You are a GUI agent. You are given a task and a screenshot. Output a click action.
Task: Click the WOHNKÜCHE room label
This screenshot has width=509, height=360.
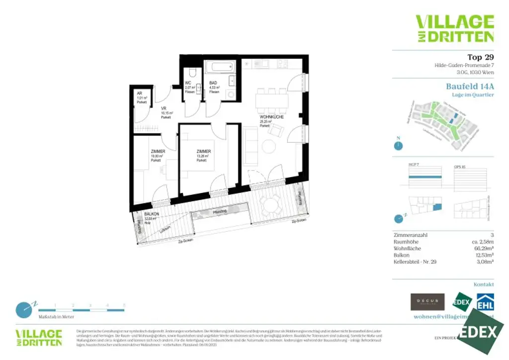point(271,117)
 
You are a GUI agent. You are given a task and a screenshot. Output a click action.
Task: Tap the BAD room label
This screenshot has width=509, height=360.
point(213,83)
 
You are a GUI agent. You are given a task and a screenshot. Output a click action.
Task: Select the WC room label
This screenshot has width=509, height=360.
point(188,83)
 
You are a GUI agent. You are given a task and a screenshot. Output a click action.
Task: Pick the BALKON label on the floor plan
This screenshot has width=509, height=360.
point(152,214)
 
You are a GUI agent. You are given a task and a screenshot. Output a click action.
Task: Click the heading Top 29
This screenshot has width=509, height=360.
point(480,57)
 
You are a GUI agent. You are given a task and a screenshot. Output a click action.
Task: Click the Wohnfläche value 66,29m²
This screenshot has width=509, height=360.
point(483,248)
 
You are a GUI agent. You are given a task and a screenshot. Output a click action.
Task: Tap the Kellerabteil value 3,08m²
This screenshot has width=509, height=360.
point(484,262)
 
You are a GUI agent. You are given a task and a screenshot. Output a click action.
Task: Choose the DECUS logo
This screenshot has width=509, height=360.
point(427,302)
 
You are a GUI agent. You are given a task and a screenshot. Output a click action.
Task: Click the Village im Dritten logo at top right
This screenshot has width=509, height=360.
point(454,28)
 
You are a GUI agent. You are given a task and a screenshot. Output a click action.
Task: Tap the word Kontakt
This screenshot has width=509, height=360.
point(484,284)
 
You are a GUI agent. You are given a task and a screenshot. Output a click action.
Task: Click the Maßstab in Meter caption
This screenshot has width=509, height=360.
point(56,317)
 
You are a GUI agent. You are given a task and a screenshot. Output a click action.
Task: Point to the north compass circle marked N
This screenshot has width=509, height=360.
point(398,146)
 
